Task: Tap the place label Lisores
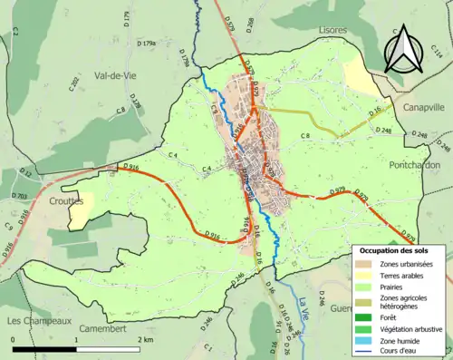tap(333, 30)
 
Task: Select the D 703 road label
tap(20, 195)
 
